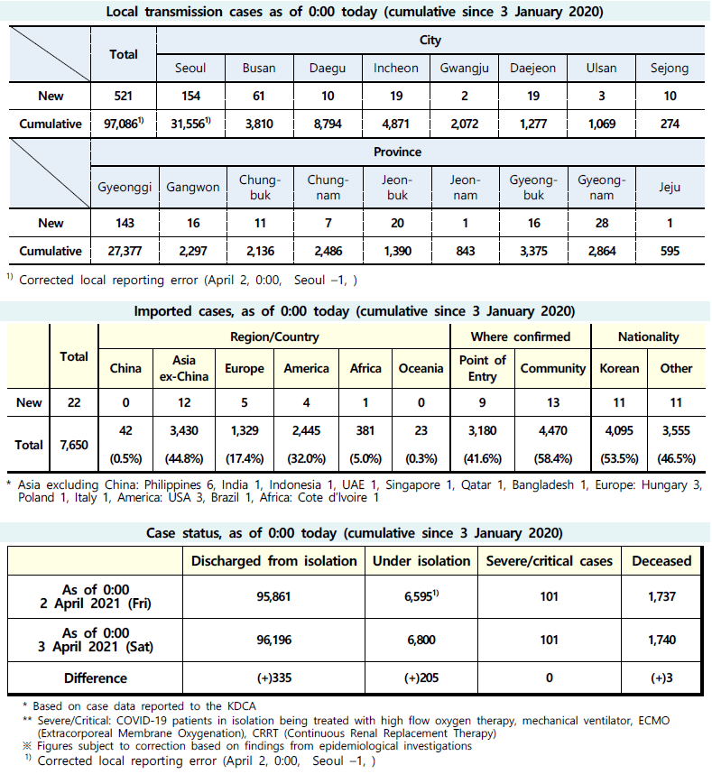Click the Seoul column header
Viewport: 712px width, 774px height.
click(190, 68)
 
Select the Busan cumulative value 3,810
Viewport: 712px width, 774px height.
click(259, 124)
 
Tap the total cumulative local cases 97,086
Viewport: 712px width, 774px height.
click(121, 124)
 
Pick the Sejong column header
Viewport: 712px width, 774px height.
click(670, 68)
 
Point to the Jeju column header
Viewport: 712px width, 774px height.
click(670, 188)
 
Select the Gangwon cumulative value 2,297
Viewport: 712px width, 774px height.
click(190, 251)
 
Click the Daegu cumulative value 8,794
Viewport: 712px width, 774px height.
click(328, 124)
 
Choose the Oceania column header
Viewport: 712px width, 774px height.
click(421, 368)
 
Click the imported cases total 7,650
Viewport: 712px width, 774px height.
click(74, 445)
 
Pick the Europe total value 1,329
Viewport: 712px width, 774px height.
click(245, 431)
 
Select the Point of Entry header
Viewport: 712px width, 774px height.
click(483, 368)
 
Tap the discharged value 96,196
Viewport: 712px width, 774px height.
click(273, 640)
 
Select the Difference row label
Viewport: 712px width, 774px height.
click(96, 677)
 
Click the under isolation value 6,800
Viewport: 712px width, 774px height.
click(421, 640)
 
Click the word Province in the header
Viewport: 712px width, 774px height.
click(397, 152)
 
